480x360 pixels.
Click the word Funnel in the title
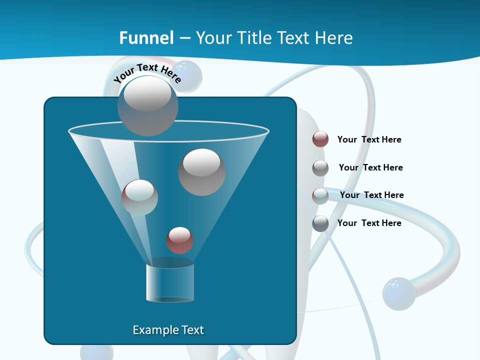(146, 37)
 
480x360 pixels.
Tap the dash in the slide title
(184, 38)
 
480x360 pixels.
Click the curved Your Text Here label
(147, 72)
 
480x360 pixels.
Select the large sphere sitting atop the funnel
(147, 105)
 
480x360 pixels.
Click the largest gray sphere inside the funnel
(201, 172)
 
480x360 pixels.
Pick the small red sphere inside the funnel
(179, 240)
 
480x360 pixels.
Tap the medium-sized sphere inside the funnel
(139, 197)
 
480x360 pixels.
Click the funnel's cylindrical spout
(170, 282)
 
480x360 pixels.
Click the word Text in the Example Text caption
(191, 330)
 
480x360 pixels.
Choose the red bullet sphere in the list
(320, 139)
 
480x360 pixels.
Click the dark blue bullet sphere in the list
(320, 223)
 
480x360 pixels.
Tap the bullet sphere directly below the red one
(320, 167)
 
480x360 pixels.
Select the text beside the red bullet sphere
(369, 139)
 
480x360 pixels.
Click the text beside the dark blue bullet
(369, 223)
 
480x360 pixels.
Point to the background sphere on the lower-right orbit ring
(398, 293)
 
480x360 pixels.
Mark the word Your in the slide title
(214, 37)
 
